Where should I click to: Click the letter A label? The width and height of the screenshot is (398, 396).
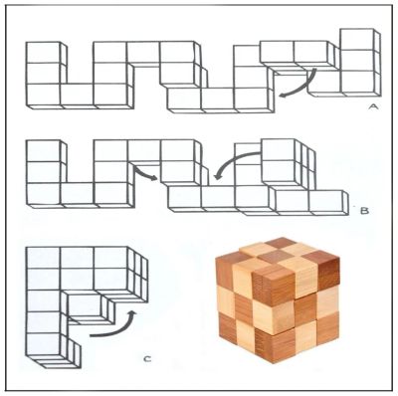coord(373,106)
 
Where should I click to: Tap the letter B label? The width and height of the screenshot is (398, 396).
coord(364,211)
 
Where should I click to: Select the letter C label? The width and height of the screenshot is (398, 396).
coord(147,358)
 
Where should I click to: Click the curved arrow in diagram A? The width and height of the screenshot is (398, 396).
coord(301,87)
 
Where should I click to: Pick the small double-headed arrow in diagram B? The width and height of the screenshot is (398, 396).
coord(145,173)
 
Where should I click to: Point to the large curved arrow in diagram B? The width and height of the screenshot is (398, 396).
coord(232,161)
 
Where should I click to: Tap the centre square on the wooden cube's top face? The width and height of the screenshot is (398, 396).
coord(269,256)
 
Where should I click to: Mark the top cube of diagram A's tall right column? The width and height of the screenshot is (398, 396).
coord(357,40)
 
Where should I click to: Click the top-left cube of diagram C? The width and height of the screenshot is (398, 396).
coord(44,258)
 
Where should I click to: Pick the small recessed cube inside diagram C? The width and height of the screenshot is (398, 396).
coord(87,306)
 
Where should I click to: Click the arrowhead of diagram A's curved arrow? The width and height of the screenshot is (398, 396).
coord(284,95)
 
